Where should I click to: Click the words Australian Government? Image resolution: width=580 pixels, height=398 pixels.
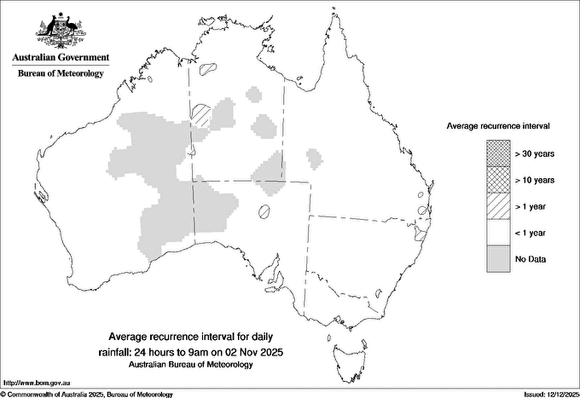click(x=61, y=58)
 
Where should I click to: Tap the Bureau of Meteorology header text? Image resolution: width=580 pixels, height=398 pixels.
click(x=61, y=74)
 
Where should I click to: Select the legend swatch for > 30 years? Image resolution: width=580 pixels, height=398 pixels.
click(x=498, y=153)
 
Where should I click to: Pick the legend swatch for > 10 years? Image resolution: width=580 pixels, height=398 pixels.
click(x=498, y=180)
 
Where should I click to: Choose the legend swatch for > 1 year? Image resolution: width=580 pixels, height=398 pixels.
click(x=498, y=206)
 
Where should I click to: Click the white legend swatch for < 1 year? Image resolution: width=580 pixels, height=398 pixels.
click(x=498, y=233)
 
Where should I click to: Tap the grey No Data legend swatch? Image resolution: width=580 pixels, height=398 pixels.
click(x=498, y=259)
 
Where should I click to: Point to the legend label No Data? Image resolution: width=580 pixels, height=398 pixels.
click(x=531, y=259)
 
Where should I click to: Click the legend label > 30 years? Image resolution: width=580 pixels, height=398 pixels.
click(x=535, y=153)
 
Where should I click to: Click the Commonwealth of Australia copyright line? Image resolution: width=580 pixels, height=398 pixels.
click(x=87, y=394)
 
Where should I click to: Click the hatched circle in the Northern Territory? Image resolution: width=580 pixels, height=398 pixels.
click(x=201, y=113)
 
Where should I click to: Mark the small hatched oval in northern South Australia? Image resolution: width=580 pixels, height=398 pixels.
click(x=265, y=211)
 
